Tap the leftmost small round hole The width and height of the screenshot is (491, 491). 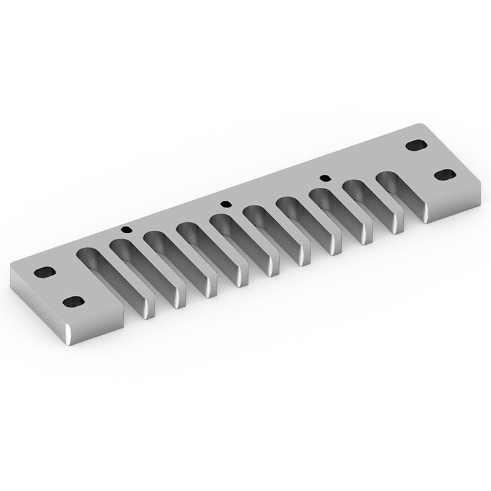[x=126, y=230]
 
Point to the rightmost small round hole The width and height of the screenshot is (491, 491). [x=325, y=178]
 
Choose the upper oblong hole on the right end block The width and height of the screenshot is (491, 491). [x=416, y=145]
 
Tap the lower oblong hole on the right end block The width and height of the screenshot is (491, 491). [x=445, y=175]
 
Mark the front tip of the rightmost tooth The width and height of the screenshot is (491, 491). [x=397, y=226]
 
